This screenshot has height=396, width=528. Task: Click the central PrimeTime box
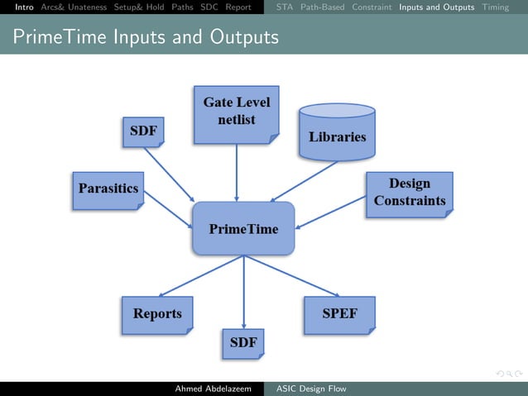pos(243,228)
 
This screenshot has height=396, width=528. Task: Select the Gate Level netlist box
pos(237,112)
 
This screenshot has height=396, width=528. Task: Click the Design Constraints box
pos(409,193)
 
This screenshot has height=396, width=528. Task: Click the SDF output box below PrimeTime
pos(242,342)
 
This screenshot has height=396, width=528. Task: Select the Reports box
pos(157,315)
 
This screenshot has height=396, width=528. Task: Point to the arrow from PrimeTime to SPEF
pos(291,275)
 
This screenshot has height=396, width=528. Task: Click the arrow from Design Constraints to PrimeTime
pos(330,212)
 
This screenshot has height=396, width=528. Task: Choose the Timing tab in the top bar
pos(496,7)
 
